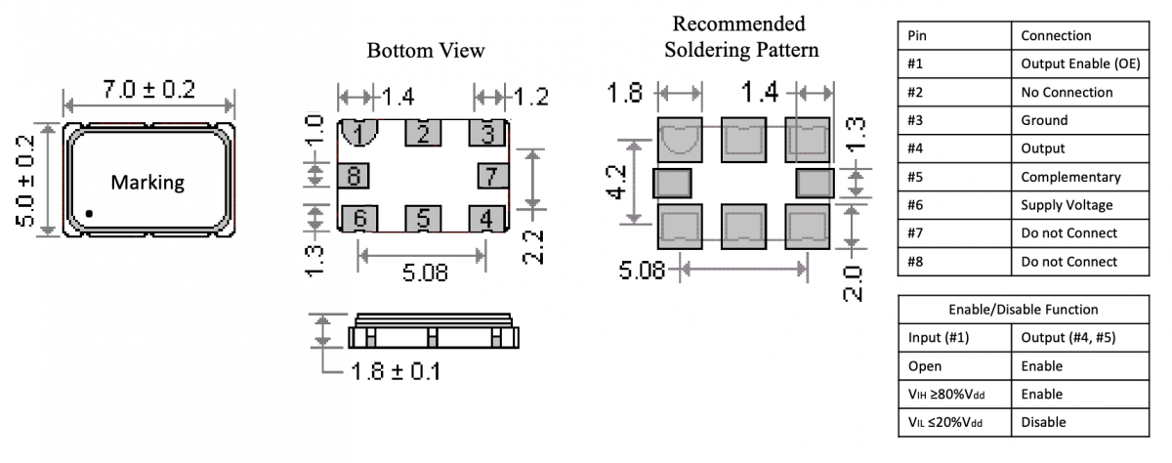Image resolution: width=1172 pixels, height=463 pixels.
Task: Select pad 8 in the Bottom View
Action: click(x=352, y=176)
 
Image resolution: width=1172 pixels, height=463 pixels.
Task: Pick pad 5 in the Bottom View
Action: click(x=423, y=218)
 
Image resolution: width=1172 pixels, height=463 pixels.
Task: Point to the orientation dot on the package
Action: click(x=89, y=212)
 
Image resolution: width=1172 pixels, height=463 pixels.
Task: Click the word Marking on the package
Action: click(x=147, y=183)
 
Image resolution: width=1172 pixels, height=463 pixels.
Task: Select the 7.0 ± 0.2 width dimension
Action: click(x=149, y=90)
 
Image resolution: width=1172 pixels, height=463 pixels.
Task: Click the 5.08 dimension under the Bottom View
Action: click(x=424, y=273)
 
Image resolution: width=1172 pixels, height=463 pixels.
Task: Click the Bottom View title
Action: click(x=426, y=51)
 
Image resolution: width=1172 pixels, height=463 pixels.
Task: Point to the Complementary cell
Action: click(x=1070, y=177)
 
